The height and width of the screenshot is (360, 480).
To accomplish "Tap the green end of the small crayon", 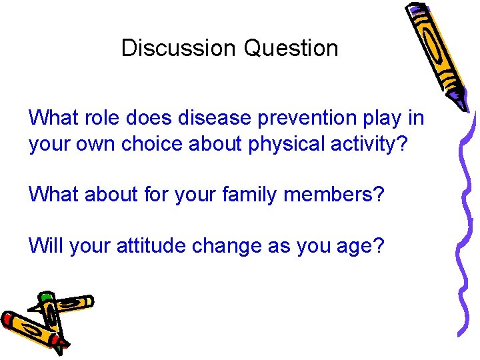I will (x=45, y=297).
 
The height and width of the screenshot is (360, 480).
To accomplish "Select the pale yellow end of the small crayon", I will (x=87, y=302).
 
